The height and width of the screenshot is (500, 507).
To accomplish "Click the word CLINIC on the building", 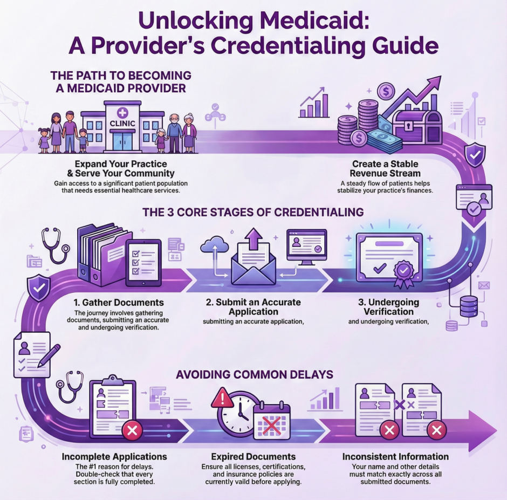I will tap(122, 123).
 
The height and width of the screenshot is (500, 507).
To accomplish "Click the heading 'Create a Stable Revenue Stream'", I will tap(385, 168).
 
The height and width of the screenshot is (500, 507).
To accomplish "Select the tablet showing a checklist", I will tap(143, 261).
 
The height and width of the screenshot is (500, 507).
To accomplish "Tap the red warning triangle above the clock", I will tap(223, 399).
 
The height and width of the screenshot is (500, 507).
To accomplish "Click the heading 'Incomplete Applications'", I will tap(114, 457).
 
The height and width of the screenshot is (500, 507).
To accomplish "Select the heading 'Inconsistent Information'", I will tap(395, 457).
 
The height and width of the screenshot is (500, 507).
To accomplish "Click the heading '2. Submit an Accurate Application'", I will tap(253, 307).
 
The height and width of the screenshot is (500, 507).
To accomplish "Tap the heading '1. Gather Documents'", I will tap(119, 302).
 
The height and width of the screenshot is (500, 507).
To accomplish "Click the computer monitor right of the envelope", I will tap(306, 246).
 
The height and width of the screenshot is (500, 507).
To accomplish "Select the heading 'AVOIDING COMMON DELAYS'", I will tap(253, 373).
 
